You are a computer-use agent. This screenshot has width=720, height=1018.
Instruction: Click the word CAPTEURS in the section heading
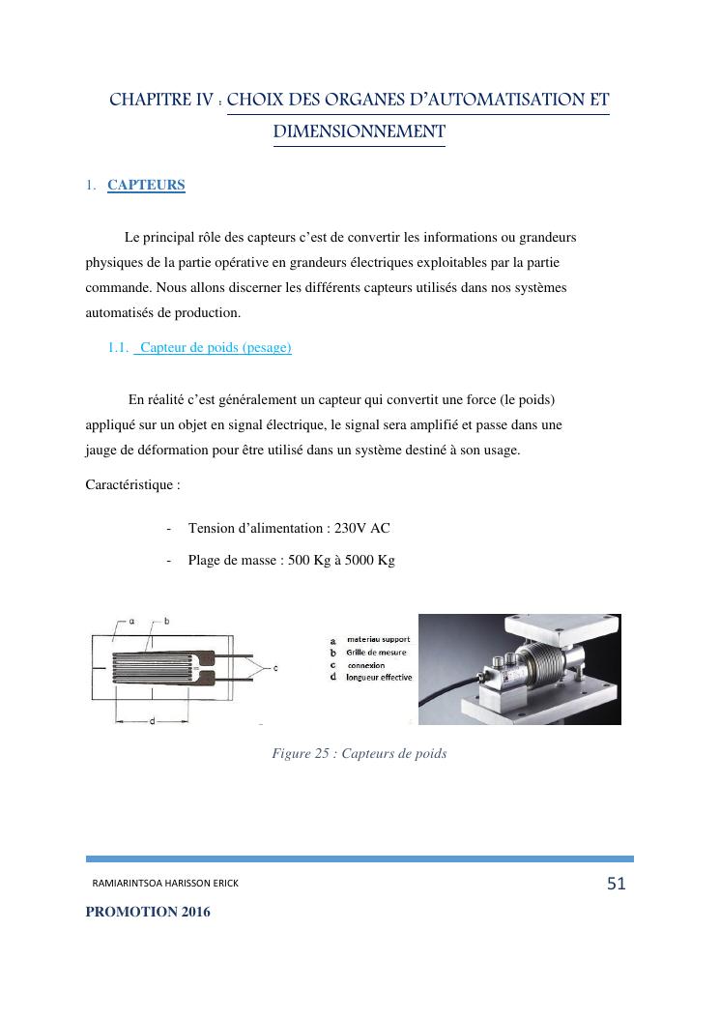point(146,185)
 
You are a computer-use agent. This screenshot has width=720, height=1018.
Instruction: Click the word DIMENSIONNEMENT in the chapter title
point(359,131)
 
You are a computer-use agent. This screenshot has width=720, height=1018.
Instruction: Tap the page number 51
point(617,883)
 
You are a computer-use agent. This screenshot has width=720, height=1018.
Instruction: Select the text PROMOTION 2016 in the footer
point(147,912)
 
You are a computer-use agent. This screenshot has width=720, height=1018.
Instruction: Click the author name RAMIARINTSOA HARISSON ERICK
point(164,885)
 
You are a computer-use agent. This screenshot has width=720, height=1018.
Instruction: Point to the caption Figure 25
point(359,753)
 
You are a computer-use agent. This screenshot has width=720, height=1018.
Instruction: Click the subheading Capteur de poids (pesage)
point(215,348)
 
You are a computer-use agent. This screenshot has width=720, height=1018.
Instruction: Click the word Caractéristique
point(131,484)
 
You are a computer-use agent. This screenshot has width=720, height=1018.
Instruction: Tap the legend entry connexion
point(366,665)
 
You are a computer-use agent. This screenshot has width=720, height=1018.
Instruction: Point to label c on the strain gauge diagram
point(276,667)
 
